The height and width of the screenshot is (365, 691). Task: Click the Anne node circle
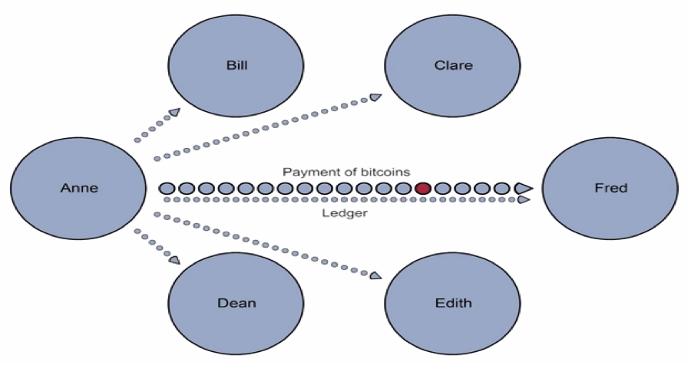(78, 188)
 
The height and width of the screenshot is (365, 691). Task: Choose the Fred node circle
(610, 188)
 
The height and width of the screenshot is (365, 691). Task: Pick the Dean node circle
(236, 303)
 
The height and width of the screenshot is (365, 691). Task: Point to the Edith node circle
(452, 303)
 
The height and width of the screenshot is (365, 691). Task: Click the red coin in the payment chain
(422, 188)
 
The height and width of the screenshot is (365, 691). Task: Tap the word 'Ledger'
(344, 213)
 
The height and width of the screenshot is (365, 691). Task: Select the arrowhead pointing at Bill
(175, 113)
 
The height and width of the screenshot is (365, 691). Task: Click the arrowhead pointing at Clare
(376, 97)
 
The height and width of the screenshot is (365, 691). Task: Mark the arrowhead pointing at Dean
(175, 260)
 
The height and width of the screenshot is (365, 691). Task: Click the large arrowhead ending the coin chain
(524, 188)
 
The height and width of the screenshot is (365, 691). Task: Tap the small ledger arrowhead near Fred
(524, 199)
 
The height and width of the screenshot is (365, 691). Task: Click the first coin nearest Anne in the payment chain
(165, 188)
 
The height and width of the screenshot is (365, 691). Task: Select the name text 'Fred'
(610, 188)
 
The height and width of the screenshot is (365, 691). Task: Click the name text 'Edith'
(452, 303)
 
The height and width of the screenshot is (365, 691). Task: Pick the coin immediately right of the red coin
(442, 188)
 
